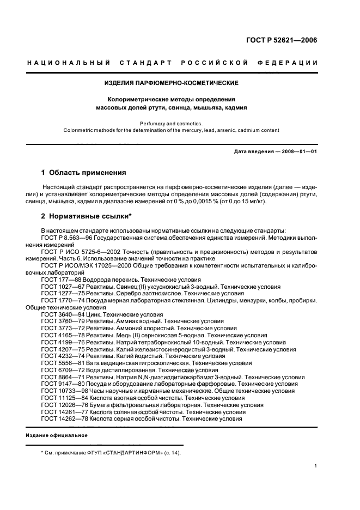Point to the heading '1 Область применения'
[x=84, y=173]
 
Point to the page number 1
[x=316, y=466]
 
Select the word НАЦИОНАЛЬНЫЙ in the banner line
[x=69, y=63]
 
